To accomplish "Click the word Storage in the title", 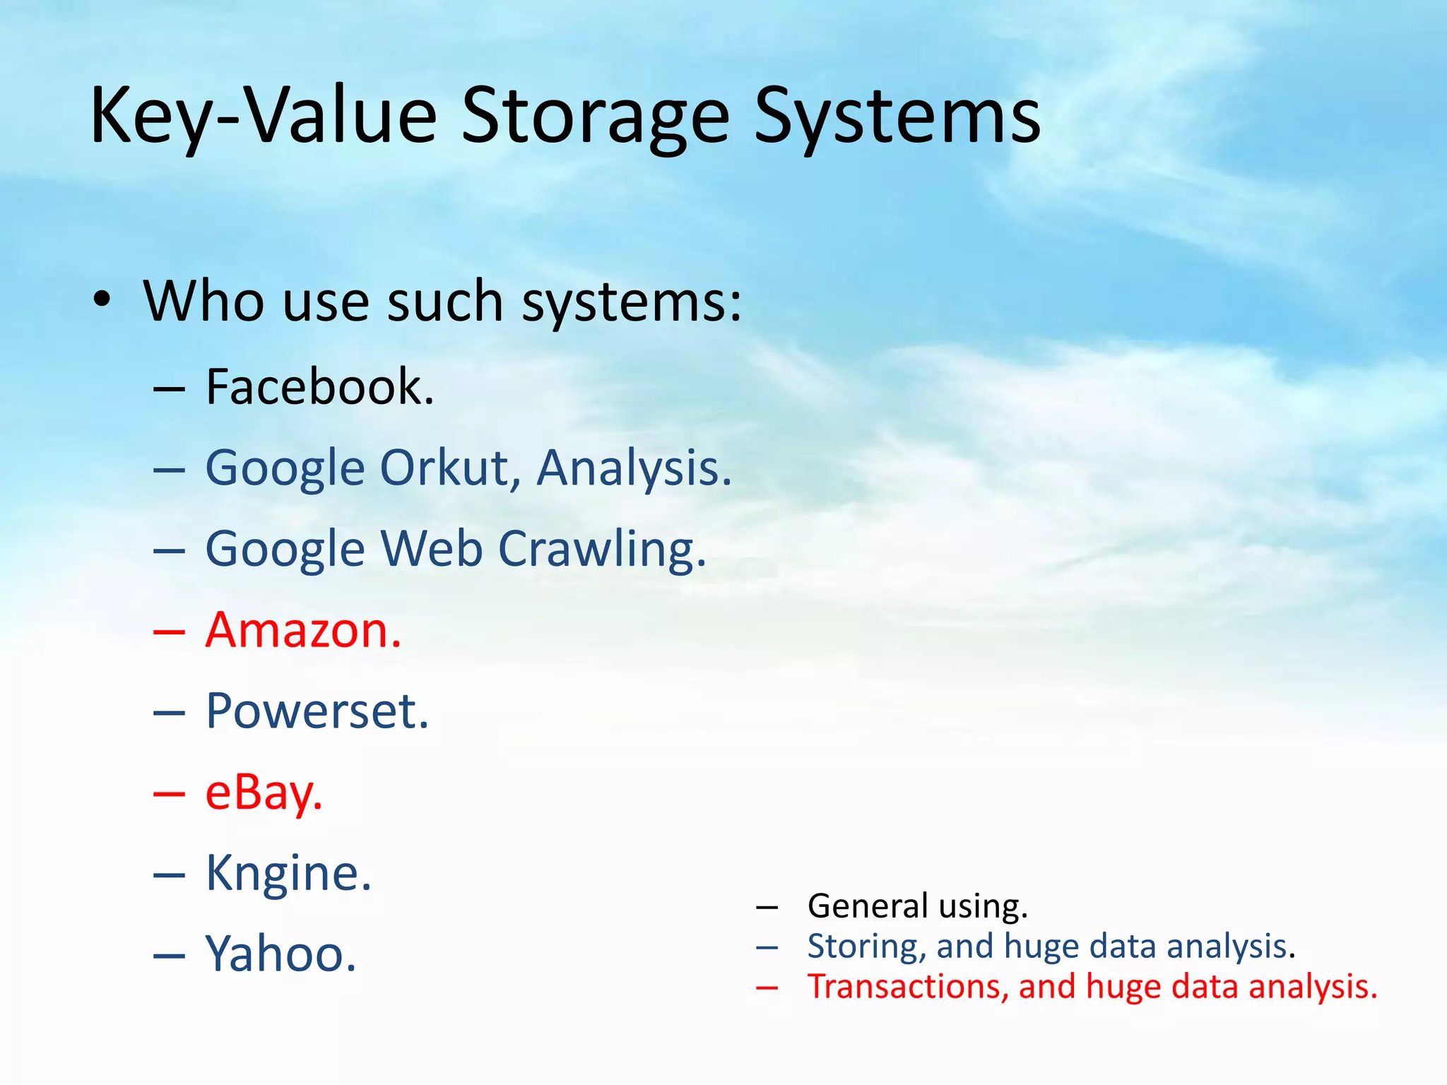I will (x=595, y=117).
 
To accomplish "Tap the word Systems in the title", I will (x=897, y=117).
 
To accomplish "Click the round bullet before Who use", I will (x=102, y=300).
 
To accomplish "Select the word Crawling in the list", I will (x=602, y=550).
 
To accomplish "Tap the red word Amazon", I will (x=303, y=630).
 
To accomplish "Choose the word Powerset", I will (x=317, y=711).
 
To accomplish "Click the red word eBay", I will (x=264, y=793).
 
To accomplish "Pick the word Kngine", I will (x=288, y=874).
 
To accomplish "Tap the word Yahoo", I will (x=280, y=954).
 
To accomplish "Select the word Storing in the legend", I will (x=866, y=947).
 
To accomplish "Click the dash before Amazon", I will (x=170, y=632).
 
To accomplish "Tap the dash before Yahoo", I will (x=170, y=956).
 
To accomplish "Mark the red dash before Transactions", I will (x=767, y=988).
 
